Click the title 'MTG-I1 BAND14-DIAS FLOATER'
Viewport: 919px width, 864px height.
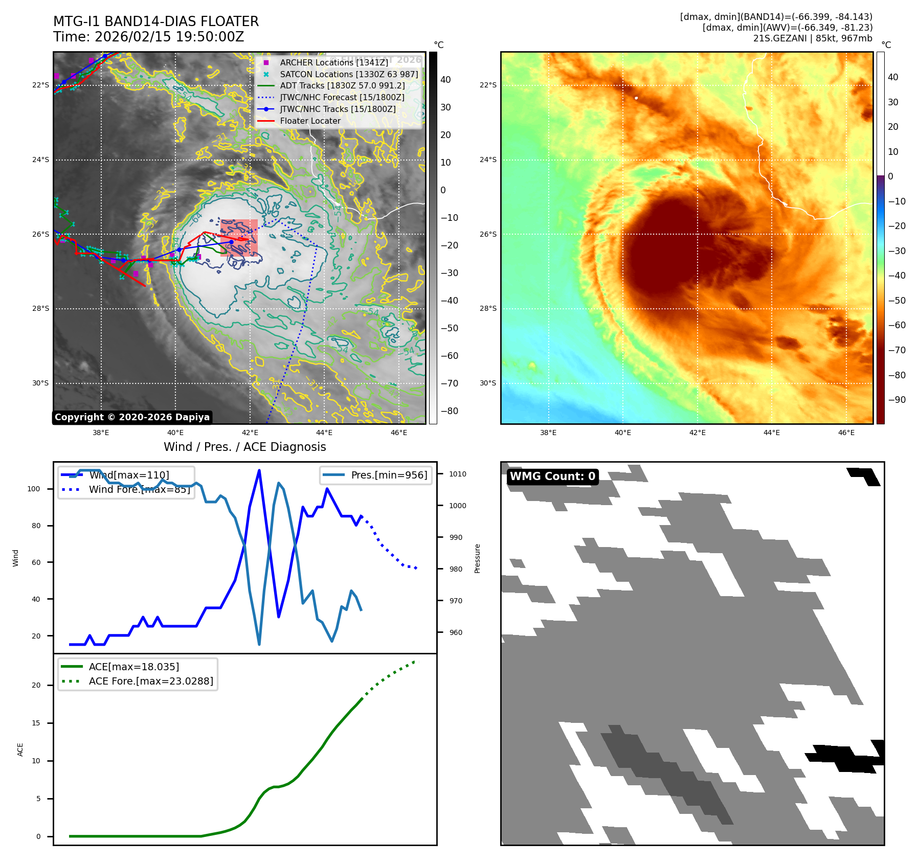(156, 21)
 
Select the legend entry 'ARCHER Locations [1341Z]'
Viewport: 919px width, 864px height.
(334, 62)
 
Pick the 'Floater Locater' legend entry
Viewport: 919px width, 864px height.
(310, 121)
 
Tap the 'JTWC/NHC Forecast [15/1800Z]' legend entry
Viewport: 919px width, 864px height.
(342, 98)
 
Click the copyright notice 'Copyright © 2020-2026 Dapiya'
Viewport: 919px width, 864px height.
(132, 417)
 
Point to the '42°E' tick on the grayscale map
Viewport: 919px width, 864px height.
(250, 433)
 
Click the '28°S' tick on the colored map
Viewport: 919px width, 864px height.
(488, 309)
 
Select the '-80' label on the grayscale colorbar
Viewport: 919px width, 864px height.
(450, 411)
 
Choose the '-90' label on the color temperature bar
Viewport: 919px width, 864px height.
(896, 400)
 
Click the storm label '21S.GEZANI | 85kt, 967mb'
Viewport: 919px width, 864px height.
(812, 38)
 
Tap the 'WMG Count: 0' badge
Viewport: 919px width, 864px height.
(552, 476)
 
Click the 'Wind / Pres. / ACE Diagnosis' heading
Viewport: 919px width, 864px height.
(244, 447)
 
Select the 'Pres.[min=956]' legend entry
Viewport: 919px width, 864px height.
(389, 475)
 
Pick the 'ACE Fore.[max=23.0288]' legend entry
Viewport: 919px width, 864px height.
(151, 681)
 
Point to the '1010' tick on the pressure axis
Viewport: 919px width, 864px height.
(458, 474)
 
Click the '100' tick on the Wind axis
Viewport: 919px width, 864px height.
(34, 489)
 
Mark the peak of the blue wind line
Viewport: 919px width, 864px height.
(259, 470)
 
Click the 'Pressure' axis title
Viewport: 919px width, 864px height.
(477, 558)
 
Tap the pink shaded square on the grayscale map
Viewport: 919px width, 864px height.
(239, 238)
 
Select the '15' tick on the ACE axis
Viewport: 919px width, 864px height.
(36, 723)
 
